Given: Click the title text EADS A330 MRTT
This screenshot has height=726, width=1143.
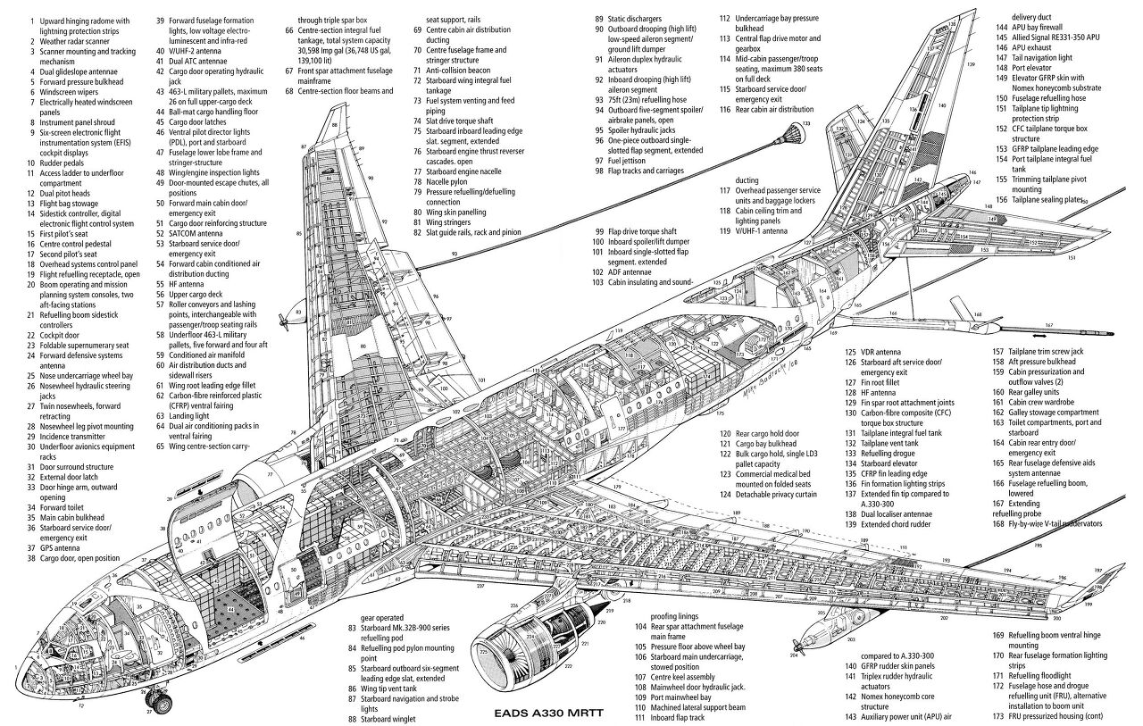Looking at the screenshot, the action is [554, 714].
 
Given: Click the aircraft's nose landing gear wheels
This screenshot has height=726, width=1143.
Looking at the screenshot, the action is [161, 704].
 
